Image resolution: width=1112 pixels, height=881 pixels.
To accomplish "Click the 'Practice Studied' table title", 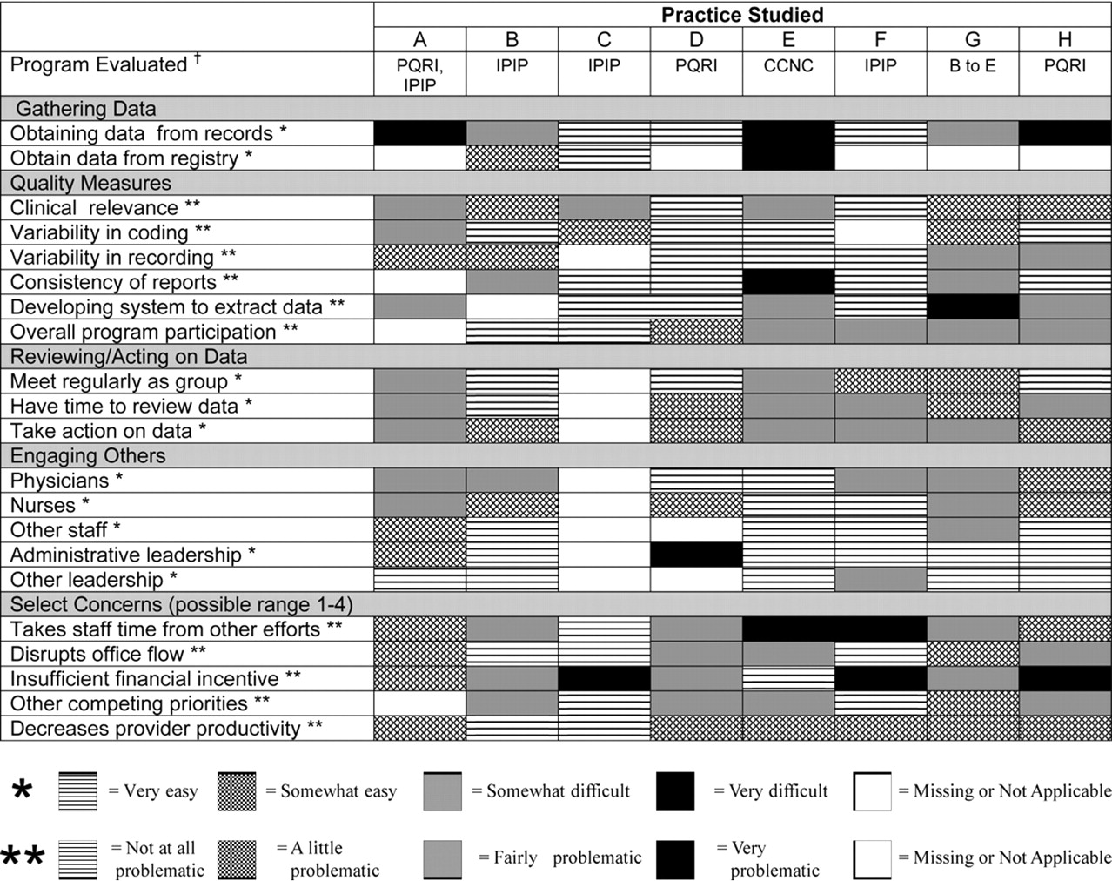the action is click(x=742, y=15).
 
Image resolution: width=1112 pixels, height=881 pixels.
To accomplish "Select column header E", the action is click(x=788, y=39).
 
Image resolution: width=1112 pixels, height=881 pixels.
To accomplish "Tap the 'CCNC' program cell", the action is click(x=788, y=65).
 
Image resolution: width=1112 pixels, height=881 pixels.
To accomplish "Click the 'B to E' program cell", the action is click(x=973, y=65).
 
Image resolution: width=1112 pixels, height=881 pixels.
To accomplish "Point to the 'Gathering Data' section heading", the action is click(x=86, y=109).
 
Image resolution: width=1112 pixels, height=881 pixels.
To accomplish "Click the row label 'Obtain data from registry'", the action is click(x=131, y=158).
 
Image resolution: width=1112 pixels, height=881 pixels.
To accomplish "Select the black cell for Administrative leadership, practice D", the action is click(x=696, y=555).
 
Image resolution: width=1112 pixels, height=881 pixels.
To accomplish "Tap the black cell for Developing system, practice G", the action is click(x=973, y=306).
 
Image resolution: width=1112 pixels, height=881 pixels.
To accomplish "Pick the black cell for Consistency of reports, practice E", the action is click(x=788, y=282).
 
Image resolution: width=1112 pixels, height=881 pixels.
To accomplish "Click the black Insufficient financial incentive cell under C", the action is click(x=604, y=678).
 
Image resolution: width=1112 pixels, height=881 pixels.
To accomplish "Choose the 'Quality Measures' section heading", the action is click(x=90, y=183).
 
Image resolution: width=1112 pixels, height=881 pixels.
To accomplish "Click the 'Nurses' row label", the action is click(x=50, y=505).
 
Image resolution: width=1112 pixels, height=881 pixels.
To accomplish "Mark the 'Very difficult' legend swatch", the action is click(x=675, y=791).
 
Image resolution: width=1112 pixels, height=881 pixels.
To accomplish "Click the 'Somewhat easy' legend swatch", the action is click(x=236, y=791).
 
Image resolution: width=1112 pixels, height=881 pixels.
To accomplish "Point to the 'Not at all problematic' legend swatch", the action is click(x=77, y=859).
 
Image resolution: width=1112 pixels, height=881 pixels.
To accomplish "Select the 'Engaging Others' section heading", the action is click(x=88, y=455).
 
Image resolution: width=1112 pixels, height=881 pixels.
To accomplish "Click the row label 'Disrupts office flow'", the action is click(x=108, y=654).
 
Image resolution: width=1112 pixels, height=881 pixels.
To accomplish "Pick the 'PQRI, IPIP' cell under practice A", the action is click(x=419, y=75).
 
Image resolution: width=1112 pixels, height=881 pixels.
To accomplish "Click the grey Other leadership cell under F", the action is click(x=880, y=579).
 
